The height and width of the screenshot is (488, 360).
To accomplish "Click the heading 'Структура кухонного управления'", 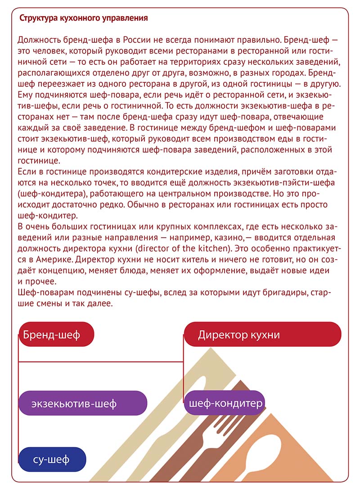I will tap(84, 18).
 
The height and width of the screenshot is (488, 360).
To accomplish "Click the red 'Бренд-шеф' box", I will tap(56, 334).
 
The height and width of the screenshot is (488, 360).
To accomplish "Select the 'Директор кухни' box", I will tap(262, 334).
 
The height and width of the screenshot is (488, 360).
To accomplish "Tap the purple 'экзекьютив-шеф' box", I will tap(83, 403).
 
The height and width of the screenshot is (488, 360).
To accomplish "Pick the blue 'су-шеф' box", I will tap(52, 459).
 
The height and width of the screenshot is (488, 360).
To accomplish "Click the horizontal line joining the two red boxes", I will tap(101, 361).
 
